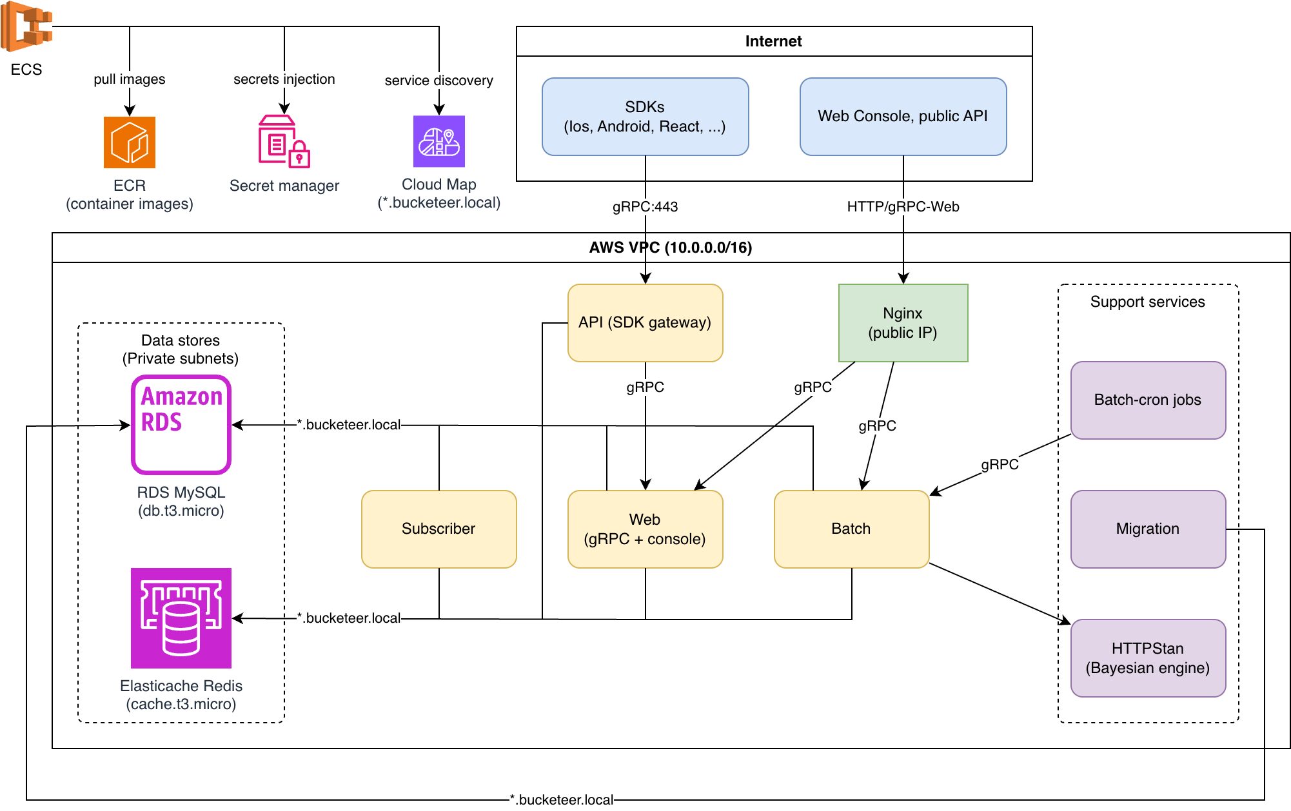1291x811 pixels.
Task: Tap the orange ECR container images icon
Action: pos(130,142)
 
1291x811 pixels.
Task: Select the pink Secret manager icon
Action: pos(284,142)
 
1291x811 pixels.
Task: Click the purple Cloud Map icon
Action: pos(439,141)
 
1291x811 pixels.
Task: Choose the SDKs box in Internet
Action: pos(645,117)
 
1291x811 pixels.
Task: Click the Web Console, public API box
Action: pos(903,117)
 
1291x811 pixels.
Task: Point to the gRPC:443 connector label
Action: pos(645,207)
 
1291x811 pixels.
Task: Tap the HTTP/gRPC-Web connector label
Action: pos(903,207)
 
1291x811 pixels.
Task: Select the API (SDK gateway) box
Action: pos(645,322)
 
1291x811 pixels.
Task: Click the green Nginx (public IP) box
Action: pos(903,322)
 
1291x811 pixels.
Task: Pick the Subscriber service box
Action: pos(439,529)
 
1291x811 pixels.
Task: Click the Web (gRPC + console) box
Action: pos(645,529)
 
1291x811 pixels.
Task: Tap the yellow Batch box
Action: pos(851,529)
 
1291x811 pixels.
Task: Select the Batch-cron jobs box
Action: pos(1148,400)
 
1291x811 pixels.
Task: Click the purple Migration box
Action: pos(1148,529)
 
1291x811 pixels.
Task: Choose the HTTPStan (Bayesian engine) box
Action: pos(1148,658)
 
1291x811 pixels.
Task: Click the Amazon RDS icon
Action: pos(181,424)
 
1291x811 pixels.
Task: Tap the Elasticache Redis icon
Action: pos(181,618)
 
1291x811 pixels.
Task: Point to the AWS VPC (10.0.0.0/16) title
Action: pos(671,248)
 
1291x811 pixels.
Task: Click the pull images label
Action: pos(129,79)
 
